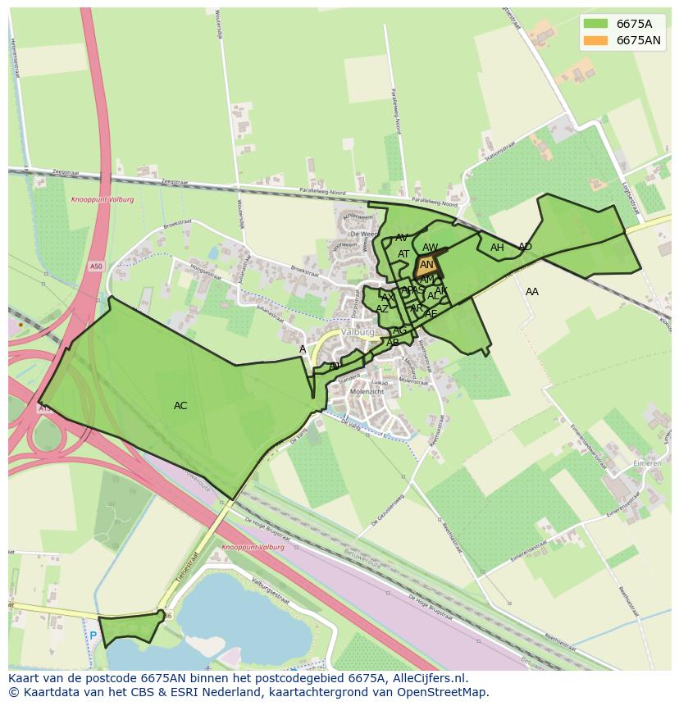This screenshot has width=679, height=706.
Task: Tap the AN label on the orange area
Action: point(426,265)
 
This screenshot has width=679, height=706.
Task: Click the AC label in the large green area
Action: point(180,406)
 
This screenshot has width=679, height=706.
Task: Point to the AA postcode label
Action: point(532,292)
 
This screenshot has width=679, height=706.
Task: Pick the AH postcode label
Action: point(497,248)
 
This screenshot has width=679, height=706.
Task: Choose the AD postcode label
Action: point(525,247)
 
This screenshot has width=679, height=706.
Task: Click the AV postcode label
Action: point(402,238)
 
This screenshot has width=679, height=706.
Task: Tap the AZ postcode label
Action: point(382,309)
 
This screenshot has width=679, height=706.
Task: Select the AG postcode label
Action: point(399,330)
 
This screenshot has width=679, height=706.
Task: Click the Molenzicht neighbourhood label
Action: point(367,392)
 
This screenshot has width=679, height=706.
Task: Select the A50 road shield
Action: point(97,266)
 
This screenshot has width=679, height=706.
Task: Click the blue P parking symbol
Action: point(93,635)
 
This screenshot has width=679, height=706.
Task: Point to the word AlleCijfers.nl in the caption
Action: point(428,678)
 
